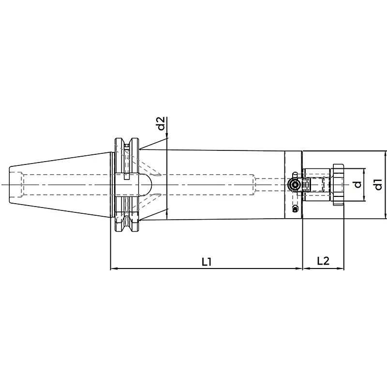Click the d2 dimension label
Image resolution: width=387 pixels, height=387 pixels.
tap(161, 123)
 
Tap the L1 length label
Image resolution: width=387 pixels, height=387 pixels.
tap(207, 262)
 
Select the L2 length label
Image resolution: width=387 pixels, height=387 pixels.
tap(323, 261)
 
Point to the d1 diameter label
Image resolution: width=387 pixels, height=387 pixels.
tap(378, 184)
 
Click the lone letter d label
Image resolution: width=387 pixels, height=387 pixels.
tap(357, 184)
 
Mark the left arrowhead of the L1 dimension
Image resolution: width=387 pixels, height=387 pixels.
tap(113, 268)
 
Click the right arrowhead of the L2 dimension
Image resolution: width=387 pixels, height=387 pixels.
tap(341, 268)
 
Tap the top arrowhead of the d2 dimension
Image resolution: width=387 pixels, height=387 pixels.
tap(167, 135)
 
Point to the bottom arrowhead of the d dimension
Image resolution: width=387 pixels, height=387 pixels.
tap(364, 198)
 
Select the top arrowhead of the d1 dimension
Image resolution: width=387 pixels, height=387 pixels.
tap(386, 154)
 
